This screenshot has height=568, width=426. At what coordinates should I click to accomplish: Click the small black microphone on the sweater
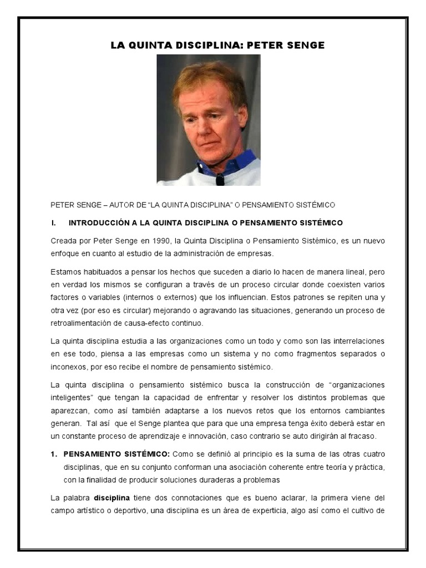(220, 179)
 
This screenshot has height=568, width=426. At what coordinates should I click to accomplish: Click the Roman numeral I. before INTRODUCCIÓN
(54, 223)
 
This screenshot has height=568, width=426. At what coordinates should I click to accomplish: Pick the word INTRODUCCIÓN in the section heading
(101, 223)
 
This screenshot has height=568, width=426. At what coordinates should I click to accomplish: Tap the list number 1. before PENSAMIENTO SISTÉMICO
(54, 453)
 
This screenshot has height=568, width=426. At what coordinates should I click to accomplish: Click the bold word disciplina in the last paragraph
(111, 498)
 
